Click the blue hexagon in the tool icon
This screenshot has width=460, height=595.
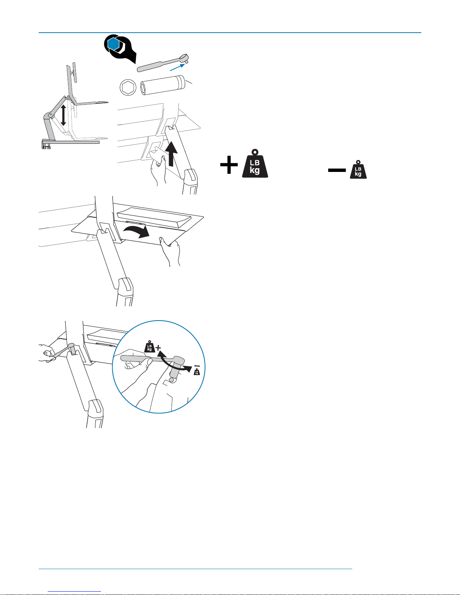[x=114, y=44]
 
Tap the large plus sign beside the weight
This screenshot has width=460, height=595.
[x=229, y=165]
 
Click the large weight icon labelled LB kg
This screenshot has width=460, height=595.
[x=255, y=163]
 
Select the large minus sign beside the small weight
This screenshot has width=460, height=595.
[x=337, y=170]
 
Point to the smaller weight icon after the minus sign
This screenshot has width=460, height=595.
[x=358, y=170]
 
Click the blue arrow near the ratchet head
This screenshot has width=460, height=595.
[x=177, y=67]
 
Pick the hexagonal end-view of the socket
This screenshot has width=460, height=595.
[x=128, y=87]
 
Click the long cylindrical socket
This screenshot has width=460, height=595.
[x=163, y=85]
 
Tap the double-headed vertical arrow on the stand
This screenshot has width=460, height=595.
[x=63, y=115]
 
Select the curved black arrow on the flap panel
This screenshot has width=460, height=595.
[x=136, y=231]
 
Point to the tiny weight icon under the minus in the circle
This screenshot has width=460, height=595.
[x=197, y=372]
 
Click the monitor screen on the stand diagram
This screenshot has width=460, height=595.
[x=74, y=72]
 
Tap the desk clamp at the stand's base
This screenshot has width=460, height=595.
[x=47, y=144]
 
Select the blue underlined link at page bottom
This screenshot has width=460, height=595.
[x=74, y=592]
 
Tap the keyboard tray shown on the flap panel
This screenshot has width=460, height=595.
[x=154, y=218]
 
